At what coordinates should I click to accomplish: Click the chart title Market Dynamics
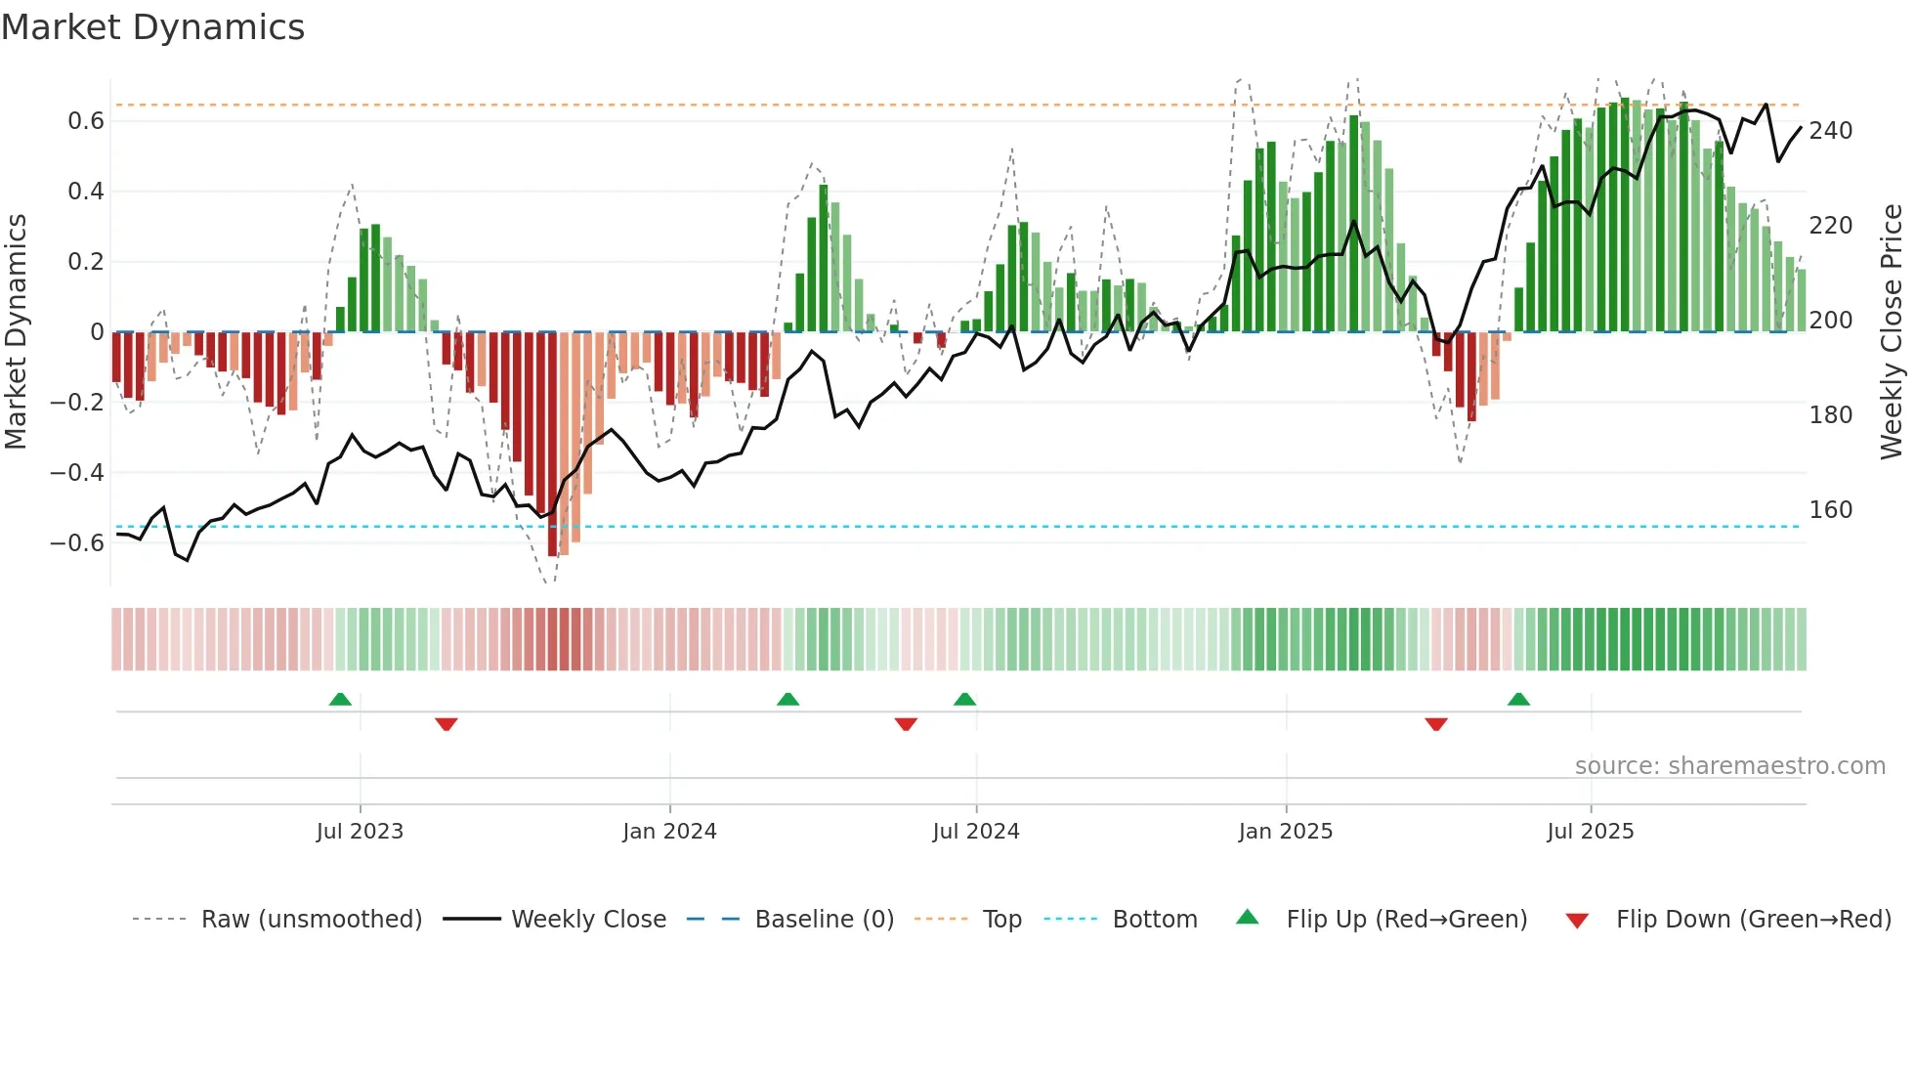[x=153, y=27]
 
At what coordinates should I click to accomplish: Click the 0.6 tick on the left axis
[x=86, y=121]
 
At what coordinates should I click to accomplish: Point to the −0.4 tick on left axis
[x=77, y=473]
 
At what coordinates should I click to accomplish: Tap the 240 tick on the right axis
[x=1830, y=131]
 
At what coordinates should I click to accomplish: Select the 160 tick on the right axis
[x=1830, y=510]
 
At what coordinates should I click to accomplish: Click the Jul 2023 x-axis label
[x=360, y=832]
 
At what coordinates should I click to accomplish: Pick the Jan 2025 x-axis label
[x=1285, y=832]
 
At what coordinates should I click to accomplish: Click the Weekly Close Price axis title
[x=1892, y=332]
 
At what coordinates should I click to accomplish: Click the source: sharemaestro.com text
[x=1729, y=766]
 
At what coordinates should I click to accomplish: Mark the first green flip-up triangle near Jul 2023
[x=340, y=700]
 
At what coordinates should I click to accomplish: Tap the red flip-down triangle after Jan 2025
[x=1435, y=724]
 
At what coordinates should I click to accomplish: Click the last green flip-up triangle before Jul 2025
[x=1518, y=700]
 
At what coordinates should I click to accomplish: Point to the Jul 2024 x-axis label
[x=975, y=832]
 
